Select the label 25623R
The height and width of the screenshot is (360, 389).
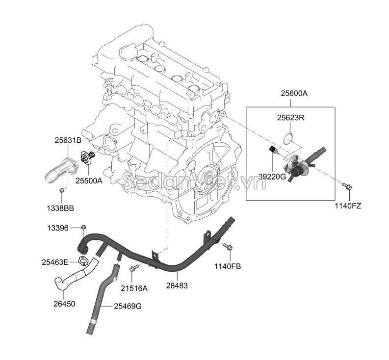click(x=290, y=118)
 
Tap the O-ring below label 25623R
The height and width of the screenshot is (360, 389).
click(x=290, y=137)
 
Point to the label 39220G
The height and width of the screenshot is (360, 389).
click(x=272, y=176)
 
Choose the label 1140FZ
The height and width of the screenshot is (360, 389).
click(x=348, y=206)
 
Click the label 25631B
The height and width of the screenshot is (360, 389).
click(x=68, y=140)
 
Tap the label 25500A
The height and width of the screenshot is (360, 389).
click(x=89, y=181)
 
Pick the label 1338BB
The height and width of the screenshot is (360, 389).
click(x=61, y=208)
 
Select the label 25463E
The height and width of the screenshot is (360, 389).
click(x=55, y=262)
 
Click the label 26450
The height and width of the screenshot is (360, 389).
click(x=64, y=304)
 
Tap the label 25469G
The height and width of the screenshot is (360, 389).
click(x=128, y=306)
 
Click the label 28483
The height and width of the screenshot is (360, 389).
click(x=177, y=284)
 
